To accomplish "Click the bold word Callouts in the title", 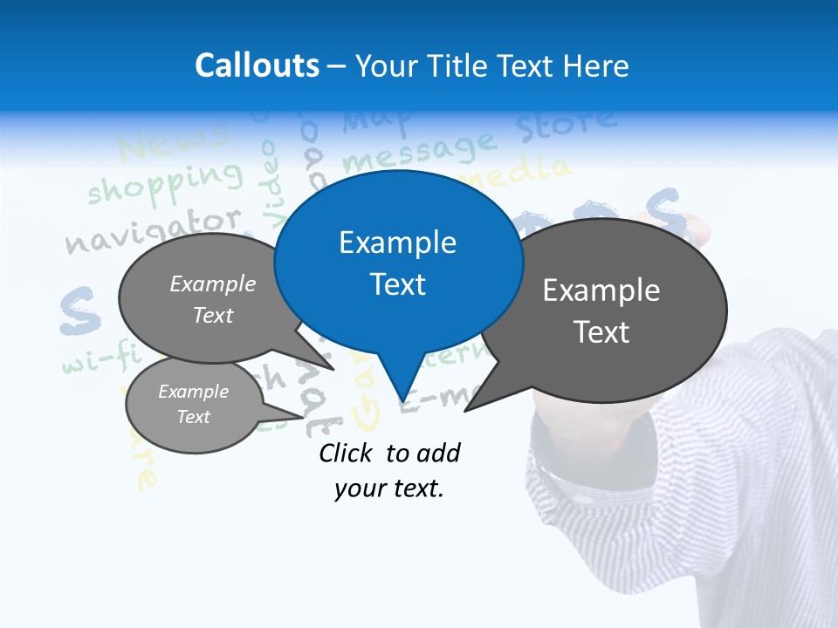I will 257,65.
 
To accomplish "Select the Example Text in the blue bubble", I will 398,263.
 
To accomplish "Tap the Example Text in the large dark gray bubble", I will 601,311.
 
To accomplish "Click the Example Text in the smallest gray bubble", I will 194,404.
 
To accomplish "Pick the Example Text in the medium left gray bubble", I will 213,299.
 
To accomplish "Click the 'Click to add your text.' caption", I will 389,470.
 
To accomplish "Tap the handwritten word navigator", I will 154,230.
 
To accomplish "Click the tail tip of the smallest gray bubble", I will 305,416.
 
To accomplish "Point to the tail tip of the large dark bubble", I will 464,411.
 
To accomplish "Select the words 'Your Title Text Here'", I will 492,65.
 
